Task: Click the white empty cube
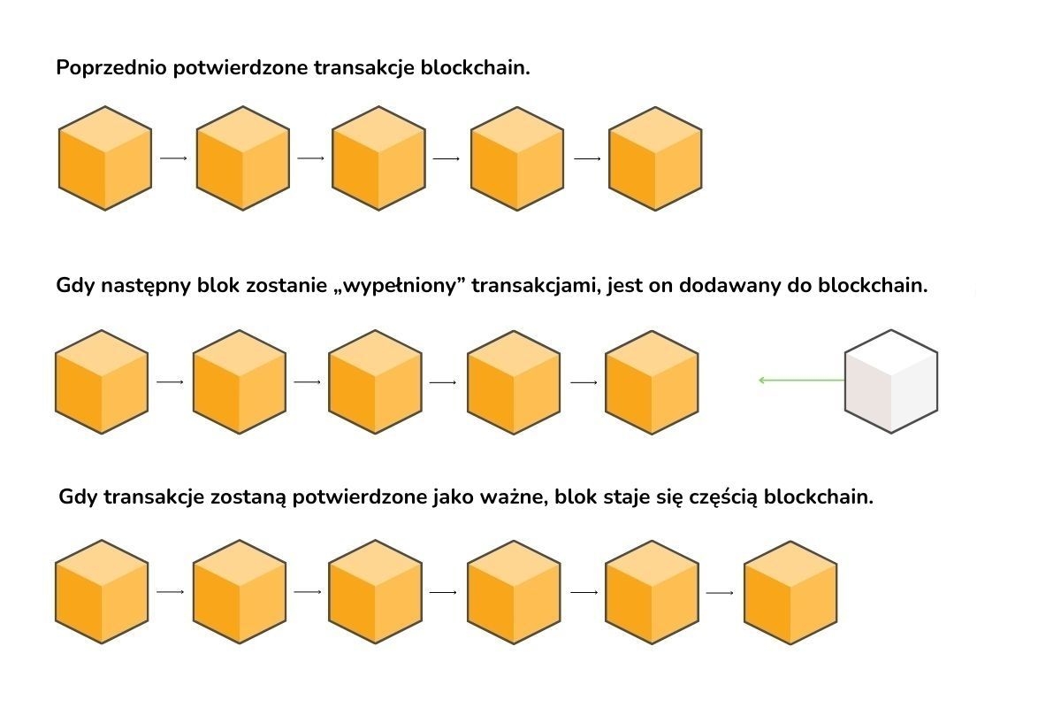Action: [890, 381]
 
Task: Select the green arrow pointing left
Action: [801, 381]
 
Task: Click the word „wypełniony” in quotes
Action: [408, 287]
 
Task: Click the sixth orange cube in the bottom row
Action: [790, 592]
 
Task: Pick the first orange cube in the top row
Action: [105, 158]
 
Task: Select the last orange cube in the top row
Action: [655, 158]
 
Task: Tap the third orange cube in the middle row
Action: [375, 382]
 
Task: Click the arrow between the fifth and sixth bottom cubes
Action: [721, 592]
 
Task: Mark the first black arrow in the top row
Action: [174, 158]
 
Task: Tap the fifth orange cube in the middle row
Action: [652, 382]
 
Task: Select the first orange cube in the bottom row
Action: [102, 592]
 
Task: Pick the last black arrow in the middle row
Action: [584, 382]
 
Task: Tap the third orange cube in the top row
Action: [378, 158]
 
